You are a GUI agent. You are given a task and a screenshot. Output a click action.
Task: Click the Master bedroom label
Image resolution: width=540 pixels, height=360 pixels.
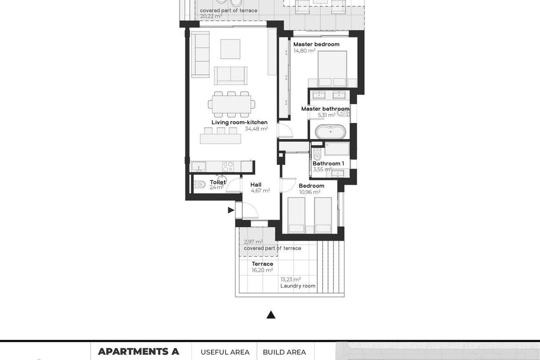[x=316, y=45]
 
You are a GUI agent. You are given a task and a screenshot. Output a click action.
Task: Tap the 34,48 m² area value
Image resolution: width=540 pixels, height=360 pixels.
[x=256, y=129]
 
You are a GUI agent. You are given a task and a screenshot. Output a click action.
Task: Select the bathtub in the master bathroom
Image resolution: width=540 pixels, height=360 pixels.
[x=331, y=132]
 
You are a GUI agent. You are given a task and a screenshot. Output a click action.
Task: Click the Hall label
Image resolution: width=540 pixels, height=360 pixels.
[x=256, y=184]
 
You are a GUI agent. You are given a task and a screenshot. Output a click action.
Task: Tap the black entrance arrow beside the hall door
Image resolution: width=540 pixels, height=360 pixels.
[x=231, y=210]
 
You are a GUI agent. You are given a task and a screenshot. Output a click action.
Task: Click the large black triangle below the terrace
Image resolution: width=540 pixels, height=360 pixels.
[x=271, y=315]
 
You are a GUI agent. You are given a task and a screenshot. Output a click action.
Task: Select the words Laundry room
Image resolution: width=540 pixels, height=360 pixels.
[x=298, y=286]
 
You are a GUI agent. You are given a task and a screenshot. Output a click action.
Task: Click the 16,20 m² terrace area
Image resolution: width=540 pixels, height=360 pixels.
[x=262, y=270]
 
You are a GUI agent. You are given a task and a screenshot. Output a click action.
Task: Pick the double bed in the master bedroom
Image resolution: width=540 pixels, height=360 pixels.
[x=333, y=67]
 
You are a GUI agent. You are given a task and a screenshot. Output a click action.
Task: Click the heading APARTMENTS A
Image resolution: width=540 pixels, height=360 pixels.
[x=139, y=351]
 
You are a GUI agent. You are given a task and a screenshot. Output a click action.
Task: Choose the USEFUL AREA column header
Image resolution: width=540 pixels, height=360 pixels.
[x=225, y=352]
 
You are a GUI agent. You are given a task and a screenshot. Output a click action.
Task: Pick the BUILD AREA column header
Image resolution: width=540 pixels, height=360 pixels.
[x=284, y=352]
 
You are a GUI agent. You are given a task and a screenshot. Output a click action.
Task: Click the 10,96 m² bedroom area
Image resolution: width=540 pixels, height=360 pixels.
[x=310, y=192]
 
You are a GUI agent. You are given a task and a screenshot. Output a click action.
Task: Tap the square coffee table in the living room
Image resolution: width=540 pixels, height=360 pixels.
[x=230, y=49]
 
